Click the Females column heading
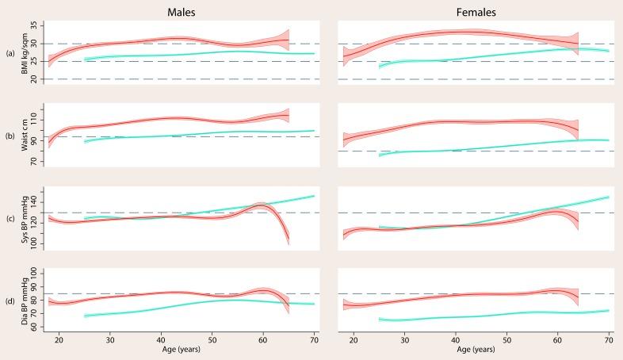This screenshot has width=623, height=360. pyautogui.click(x=473, y=12)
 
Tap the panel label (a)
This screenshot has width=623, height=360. pyautogui.click(x=10, y=53)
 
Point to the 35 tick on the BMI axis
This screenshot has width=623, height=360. pyautogui.click(x=44, y=26)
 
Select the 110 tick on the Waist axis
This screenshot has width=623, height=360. pyautogui.click(x=44, y=121)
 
